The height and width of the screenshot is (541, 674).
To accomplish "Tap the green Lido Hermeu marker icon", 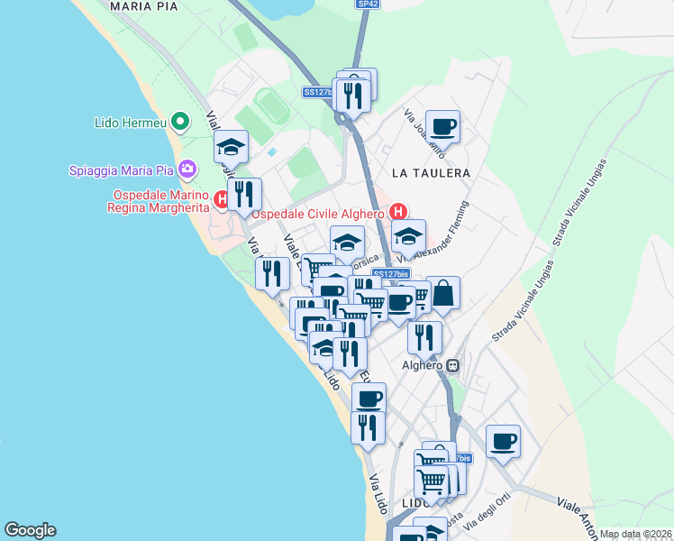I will (x=180, y=121).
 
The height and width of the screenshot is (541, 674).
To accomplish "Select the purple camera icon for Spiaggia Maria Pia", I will (x=187, y=169).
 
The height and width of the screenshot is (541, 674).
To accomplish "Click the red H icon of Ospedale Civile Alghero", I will (x=398, y=213).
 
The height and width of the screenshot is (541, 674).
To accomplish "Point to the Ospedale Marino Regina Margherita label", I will (x=160, y=201).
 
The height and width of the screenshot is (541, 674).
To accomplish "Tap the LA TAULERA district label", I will (x=432, y=172).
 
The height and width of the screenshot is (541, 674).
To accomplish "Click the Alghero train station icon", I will (x=453, y=365).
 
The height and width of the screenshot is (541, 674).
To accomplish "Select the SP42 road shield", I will (x=367, y=5).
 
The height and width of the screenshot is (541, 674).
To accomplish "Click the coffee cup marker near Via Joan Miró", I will (x=442, y=126).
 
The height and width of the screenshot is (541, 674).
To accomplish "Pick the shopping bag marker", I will (x=443, y=293).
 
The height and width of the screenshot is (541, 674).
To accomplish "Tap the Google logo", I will (x=30, y=530).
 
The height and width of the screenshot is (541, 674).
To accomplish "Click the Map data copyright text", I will (x=635, y=534).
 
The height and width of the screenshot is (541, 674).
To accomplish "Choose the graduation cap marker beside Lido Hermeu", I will (x=231, y=146).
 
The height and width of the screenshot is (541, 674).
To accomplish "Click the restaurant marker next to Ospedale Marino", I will (x=244, y=194).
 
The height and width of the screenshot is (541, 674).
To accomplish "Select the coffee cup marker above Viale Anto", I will (x=503, y=441).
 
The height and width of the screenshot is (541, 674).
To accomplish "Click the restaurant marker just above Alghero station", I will (x=424, y=337).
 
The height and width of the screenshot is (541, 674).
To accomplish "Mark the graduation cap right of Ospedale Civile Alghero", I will (x=408, y=237).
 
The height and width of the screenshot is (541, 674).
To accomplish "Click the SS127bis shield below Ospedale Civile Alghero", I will (x=391, y=273).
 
